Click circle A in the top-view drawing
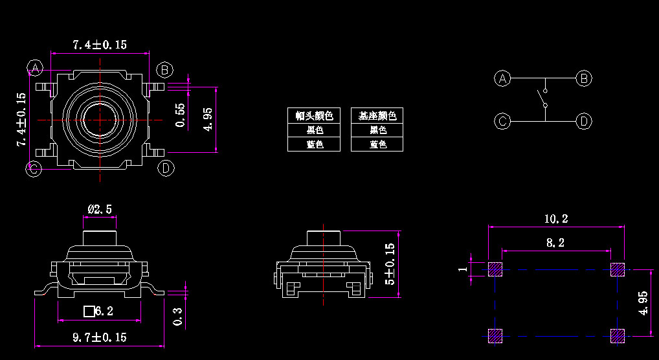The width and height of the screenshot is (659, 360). click(x=36, y=67)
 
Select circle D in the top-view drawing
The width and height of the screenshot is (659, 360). click(x=166, y=168)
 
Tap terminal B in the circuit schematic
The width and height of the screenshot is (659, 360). click(x=585, y=78)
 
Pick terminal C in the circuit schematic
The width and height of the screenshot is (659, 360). click(x=502, y=121)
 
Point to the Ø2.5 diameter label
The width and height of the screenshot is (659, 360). click(x=100, y=208)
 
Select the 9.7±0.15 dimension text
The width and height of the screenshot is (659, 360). click(x=99, y=337)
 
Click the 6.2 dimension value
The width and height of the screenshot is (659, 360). click(x=104, y=311)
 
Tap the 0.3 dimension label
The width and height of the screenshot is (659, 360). click(x=178, y=317)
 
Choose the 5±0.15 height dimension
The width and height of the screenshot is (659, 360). click(x=389, y=264)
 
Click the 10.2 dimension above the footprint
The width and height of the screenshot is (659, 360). click(x=556, y=219)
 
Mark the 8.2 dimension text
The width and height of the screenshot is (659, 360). click(x=556, y=243)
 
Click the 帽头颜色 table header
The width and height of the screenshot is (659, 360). click(x=314, y=116)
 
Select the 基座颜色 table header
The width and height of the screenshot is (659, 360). click(x=377, y=116)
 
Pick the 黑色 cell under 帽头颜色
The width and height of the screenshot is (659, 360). click(x=314, y=130)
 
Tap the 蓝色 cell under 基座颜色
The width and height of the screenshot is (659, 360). click(x=377, y=144)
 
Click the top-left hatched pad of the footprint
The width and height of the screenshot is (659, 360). click(x=495, y=269)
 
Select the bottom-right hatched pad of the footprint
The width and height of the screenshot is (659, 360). click(x=618, y=335)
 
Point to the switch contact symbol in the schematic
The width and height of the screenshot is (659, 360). click(x=542, y=96)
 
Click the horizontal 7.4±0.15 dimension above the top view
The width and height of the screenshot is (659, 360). click(x=99, y=45)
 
